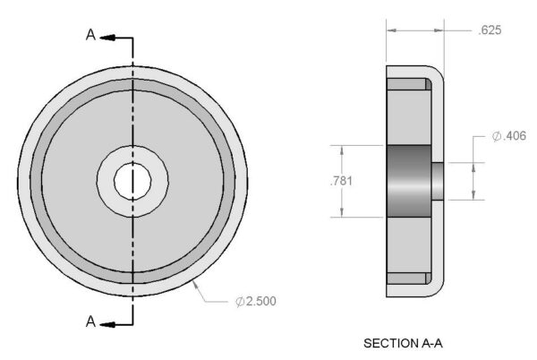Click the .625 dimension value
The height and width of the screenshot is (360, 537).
point(490,30)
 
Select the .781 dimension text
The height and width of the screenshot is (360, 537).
point(341,181)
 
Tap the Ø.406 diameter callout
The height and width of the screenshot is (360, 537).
point(509,136)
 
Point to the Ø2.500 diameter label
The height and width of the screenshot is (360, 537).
point(256,301)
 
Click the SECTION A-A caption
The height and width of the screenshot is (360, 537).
point(403,343)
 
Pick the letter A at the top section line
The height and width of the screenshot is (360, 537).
point(90,35)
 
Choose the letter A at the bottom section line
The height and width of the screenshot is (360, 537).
point(90,321)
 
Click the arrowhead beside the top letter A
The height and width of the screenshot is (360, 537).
point(107,38)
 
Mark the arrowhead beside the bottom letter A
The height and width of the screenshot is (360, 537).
point(107,324)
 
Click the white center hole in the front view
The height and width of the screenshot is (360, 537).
point(132,181)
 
